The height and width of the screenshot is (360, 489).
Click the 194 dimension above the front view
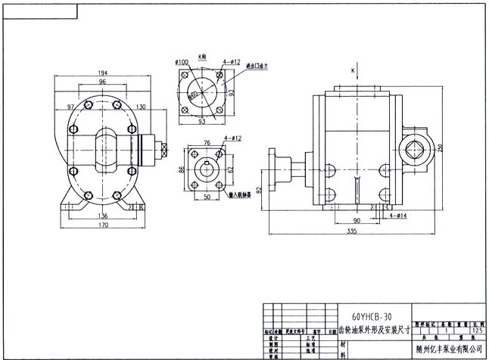(x=102, y=73)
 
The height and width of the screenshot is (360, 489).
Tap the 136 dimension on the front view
(x=102, y=215)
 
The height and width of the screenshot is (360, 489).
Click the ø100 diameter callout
(x=182, y=61)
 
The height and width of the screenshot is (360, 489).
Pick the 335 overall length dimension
(x=354, y=231)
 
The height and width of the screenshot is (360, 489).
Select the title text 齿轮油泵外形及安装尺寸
(x=371, y=331)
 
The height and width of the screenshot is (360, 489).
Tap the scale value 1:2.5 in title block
(x=475, y=331)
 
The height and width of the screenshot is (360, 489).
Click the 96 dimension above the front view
(x=102, y=82)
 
